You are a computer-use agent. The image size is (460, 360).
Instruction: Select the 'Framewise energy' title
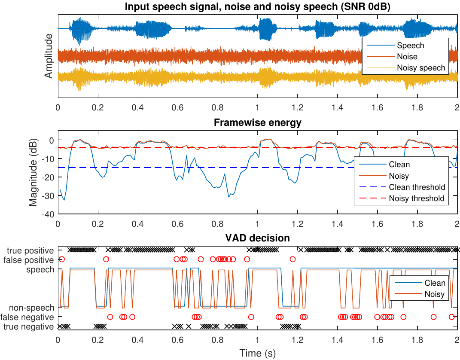tap(257, 123)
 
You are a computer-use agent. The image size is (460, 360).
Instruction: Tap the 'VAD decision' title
tap(257, 238)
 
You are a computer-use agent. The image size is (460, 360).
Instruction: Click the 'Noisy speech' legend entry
tap(421, 68)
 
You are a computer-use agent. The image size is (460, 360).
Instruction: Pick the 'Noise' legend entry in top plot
tap(407, 57)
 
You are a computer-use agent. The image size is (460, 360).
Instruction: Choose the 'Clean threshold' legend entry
tap(417, 187)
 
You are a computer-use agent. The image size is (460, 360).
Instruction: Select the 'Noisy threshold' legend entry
tap(417, 198)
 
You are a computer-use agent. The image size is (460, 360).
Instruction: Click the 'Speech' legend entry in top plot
tap(410, 46)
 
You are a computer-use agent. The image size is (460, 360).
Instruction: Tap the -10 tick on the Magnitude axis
tap(49, 159)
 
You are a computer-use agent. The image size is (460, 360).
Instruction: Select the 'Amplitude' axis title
tap(49, 56)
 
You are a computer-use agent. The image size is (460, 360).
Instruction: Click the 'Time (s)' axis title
tap(257, 354)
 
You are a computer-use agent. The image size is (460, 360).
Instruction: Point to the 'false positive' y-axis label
tap(29, 260)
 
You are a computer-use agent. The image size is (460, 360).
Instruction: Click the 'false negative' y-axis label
tap(28, 317)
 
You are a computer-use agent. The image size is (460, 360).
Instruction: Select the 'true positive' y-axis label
tap(30, 250)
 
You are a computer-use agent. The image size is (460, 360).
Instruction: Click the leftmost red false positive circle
tap(62, 259)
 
